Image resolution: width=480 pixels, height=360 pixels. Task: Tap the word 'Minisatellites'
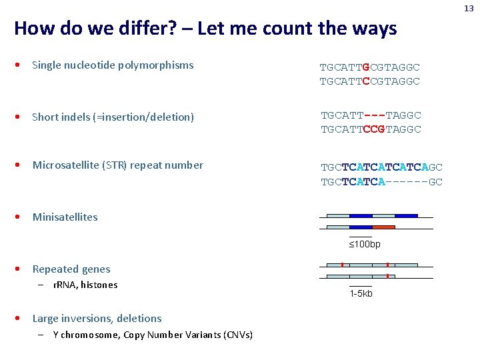pyautogui.click(x=65, y=217)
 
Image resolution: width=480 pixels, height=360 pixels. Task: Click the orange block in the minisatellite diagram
pyautogui.click(x=383, y=227)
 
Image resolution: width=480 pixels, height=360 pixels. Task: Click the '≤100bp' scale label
pyautogui.click(x=365, y=245)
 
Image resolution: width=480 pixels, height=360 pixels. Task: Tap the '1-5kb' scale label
pyautogui.click(x=361, y=293)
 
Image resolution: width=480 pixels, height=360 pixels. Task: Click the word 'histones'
pyautogui.click(x=99, y=285)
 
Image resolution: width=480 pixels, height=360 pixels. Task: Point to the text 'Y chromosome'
pyautogui.click(x=86, y=335)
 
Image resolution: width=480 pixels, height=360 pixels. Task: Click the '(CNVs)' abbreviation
pyautogui.click(x=238, y=335)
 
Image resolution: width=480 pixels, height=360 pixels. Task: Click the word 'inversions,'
pyautogui.click(x=88, y=319)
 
